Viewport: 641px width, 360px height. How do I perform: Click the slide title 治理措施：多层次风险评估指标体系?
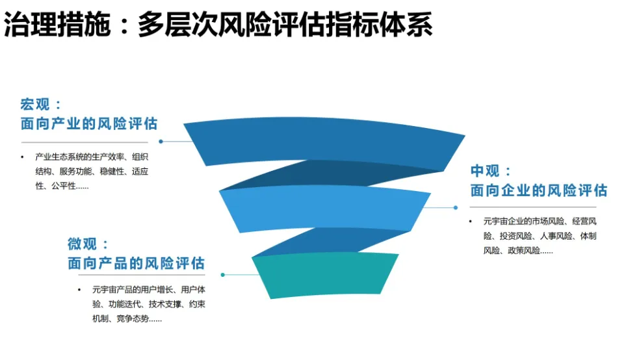[218, 26]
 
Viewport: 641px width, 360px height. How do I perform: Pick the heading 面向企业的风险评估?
[539, 190]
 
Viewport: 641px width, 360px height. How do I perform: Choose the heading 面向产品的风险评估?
[136, 263]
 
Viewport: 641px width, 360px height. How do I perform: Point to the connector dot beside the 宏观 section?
[161, 141]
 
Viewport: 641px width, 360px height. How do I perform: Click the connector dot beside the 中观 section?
[455, 208]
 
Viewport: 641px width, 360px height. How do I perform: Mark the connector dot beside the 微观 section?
[222, 274]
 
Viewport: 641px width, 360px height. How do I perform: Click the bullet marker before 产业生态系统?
[22, 157]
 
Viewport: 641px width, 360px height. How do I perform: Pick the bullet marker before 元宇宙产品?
[80, 289]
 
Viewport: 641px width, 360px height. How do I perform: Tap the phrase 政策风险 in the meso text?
[522, 251]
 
